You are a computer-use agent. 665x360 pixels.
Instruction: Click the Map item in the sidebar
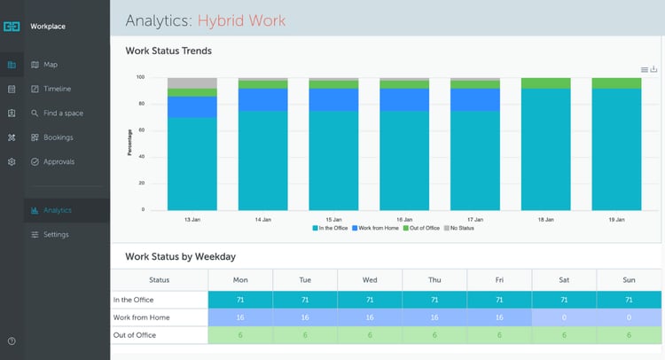click(50, 65)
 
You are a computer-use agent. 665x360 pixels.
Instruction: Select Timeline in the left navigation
click(57, 89)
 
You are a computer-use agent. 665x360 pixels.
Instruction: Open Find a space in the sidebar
click(62, 113)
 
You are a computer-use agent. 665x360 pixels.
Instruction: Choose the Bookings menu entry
click(58, 137)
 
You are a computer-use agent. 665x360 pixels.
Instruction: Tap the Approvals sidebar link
click(59, 161)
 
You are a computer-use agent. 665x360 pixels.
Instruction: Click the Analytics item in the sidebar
click(57, 210)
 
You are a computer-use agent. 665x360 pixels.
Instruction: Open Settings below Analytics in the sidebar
click(55, 234)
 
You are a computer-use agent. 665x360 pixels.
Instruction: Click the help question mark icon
click(11, 341)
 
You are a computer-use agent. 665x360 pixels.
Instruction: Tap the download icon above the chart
click(654, 69)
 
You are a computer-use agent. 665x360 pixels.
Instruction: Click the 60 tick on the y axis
click(139, 130)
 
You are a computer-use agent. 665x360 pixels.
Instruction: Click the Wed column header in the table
click(370, 279)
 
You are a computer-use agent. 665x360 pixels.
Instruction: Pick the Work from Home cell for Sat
click(564, 317)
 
